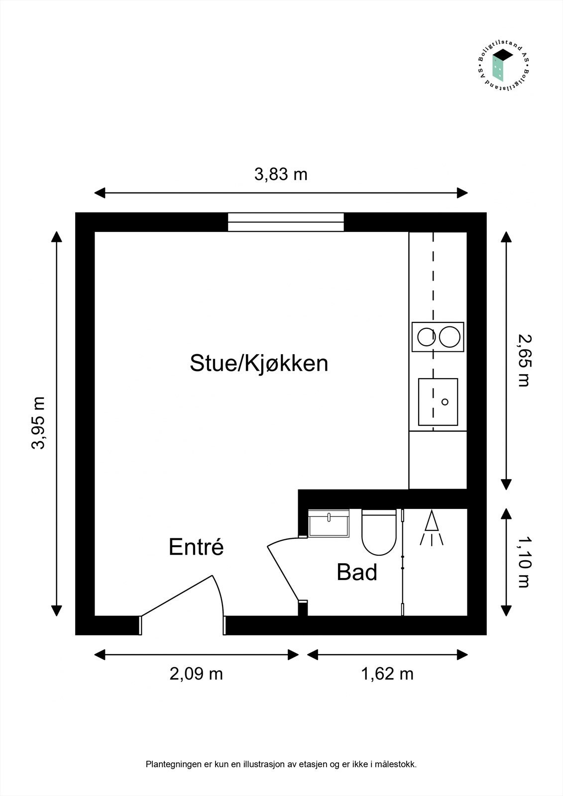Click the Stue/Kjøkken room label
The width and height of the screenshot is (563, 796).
pyautogui.click(x=259, y=363)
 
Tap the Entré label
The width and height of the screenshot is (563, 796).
pyautogui.click(x=196, y=547)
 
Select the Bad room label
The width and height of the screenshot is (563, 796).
pyautogui.click(x=357, y=572)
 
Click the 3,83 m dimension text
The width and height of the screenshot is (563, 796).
pyautogui.click(x=281, y=175)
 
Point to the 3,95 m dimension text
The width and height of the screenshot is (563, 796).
pyautogui.click(x=38, y=423)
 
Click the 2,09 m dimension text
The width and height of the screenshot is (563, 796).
pyautogui.click(x=196, y=674)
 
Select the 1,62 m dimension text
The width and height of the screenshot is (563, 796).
pyautogui.click(x=387, y=674)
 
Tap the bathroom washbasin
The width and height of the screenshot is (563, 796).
pyautogui.click(x=329, y=523)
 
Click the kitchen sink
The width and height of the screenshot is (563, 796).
pyautogui.click(x=438, y=401)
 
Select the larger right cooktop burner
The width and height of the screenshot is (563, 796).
pyautogui.click(x=450, y=337)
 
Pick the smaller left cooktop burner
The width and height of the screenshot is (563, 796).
pyautogui.click(x=426, y=337)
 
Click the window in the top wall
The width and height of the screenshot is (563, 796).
pyautogui.click(x=286, y=222)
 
